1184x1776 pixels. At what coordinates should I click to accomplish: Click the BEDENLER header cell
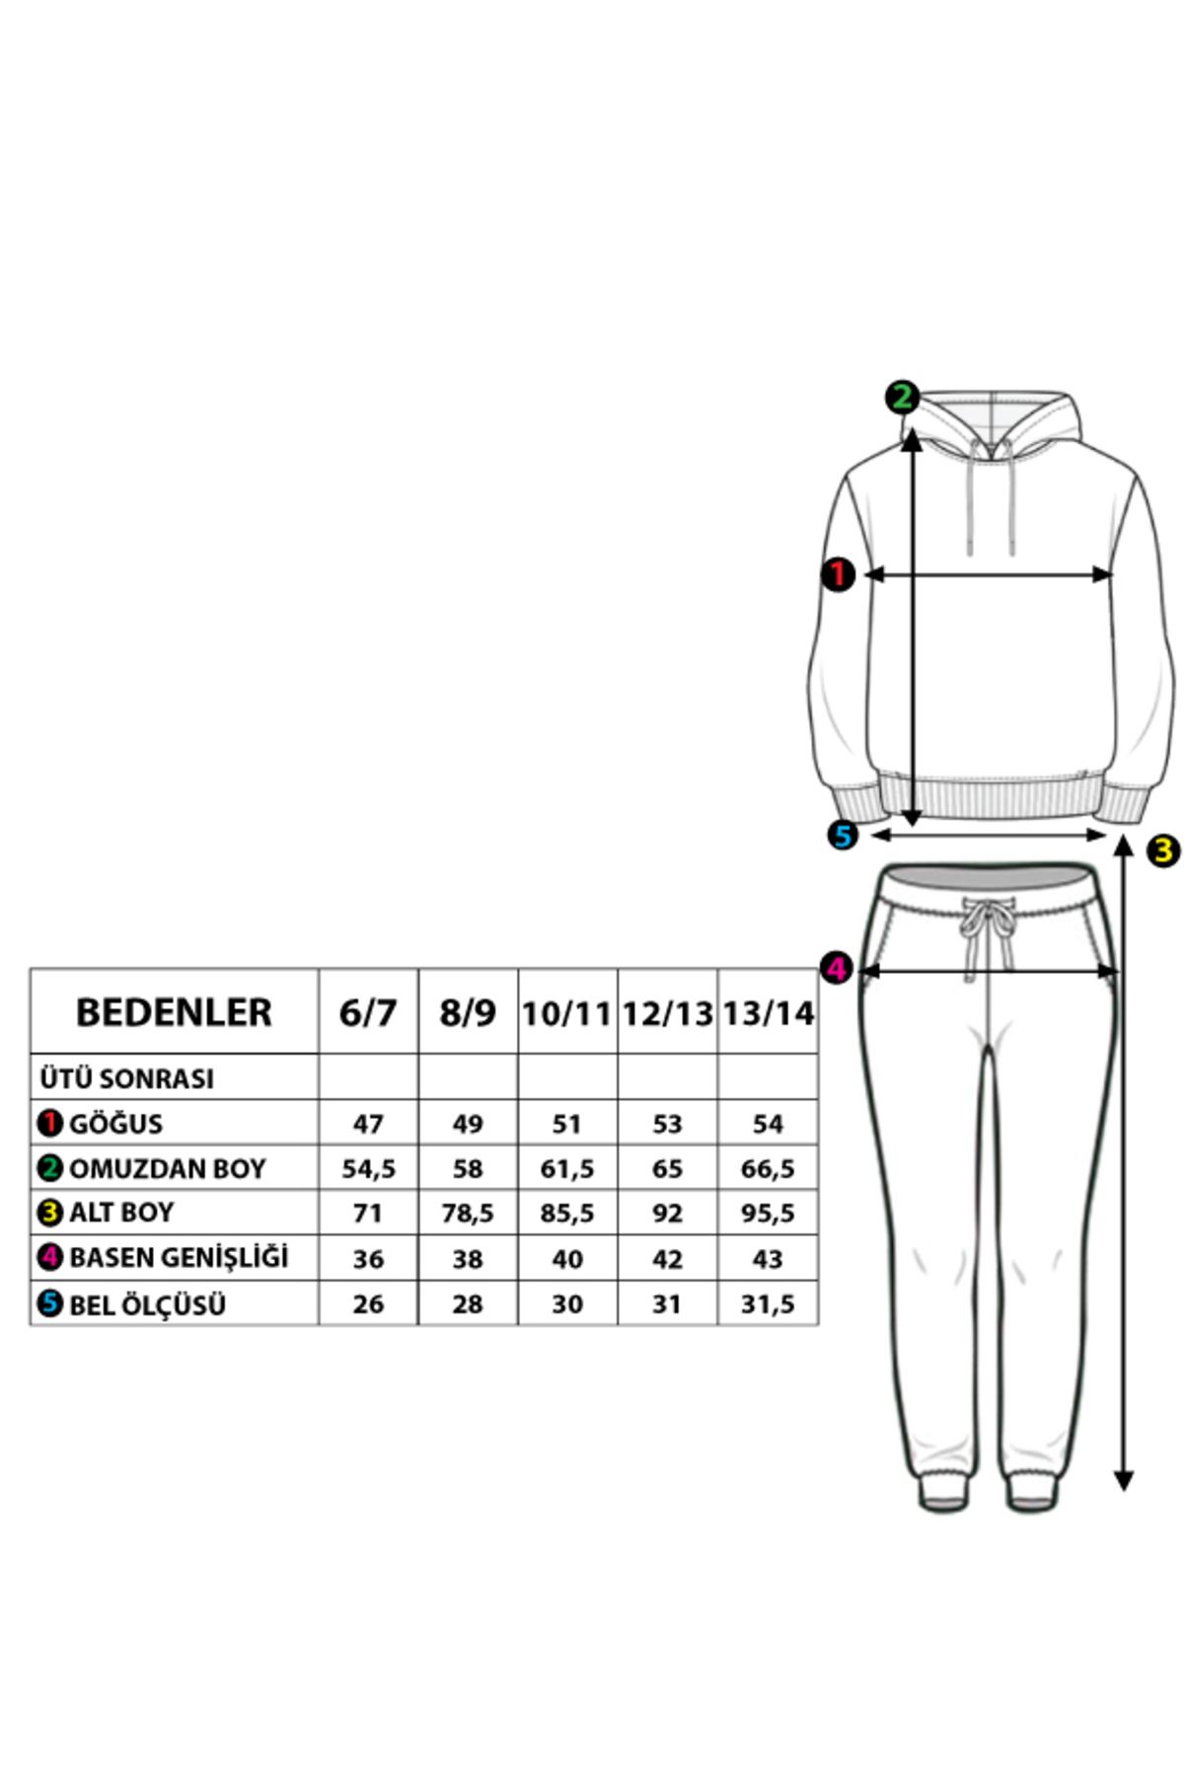click(x=174, y=1012)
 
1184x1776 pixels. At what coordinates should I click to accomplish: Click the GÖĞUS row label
click(x=115, y=1123)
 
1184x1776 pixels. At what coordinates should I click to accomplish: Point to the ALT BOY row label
click(x=121, y=1213)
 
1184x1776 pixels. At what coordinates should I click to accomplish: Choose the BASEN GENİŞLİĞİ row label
click(x=179, y=1258)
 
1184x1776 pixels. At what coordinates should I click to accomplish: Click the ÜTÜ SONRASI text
click(x=127, y=1078)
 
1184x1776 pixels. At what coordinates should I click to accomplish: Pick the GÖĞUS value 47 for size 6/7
click(x=368, y=1124)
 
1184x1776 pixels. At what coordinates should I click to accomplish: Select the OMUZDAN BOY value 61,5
click(x=567, y=1169)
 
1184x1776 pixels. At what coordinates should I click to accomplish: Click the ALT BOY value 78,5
click(x=468, y=1214)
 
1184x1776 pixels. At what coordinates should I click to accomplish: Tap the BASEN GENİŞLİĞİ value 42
click(x=667, y=1259)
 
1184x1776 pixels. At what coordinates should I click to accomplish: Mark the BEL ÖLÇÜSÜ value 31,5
click(x=768, y=1304)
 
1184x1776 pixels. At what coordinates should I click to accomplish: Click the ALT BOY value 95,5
click(x=768, y=1214)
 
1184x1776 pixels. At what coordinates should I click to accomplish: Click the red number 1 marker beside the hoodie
click(x=838, y=574)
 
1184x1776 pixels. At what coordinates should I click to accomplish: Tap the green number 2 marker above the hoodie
click(x=902, y=398)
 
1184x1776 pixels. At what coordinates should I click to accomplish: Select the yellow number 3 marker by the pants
click(x=1164, y=851)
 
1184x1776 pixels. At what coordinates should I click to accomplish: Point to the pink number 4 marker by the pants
click(x=837, y=968)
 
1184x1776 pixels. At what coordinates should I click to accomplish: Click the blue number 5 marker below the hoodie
click(x=843, y=835)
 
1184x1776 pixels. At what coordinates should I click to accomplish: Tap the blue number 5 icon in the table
click(x=50, y=1304)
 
